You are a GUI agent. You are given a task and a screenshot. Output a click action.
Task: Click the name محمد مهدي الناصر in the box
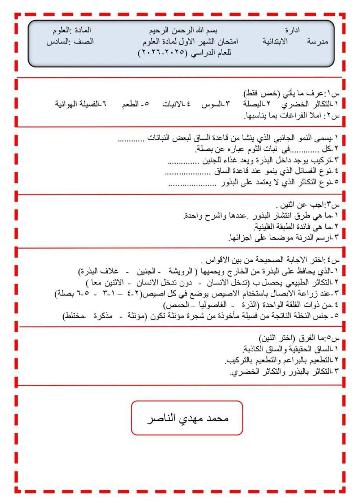188,418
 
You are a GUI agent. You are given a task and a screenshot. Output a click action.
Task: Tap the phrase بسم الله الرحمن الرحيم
183,30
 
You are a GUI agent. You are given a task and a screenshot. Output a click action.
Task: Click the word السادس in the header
57,41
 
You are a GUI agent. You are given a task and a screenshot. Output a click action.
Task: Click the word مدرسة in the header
318,41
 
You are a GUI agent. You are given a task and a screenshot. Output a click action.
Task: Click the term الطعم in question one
131,104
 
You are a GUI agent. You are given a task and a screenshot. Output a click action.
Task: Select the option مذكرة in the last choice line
103,316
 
